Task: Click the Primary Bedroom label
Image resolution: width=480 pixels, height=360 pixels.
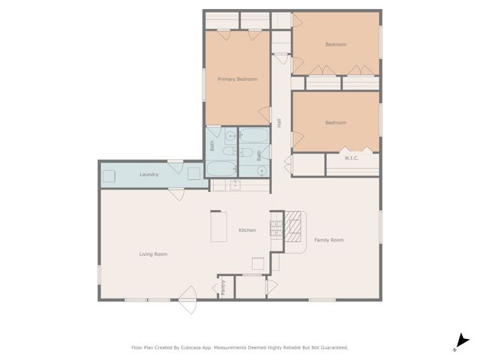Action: pos(237,79)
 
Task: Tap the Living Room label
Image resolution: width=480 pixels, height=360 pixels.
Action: pos(153,254)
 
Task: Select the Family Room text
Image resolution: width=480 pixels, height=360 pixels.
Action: pos(328,240)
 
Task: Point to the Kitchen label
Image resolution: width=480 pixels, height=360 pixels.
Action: pos(248,230)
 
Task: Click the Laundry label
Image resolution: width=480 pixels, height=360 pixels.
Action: pos(149,175)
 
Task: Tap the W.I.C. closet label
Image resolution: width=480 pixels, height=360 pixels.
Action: pos(352,158)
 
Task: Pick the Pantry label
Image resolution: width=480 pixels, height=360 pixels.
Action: pos(223,288)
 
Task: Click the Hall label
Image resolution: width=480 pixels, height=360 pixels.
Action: pos(279,123)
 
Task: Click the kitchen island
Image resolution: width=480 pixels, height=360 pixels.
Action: pos(219,228)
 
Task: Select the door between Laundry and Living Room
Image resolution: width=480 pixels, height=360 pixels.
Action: pos(177,193)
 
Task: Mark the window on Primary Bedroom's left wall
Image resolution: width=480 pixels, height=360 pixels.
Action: pos(205,83)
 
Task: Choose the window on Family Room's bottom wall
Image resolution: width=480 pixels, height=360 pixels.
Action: pos(322,300)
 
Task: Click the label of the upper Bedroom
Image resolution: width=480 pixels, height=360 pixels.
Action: pos(335,44)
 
